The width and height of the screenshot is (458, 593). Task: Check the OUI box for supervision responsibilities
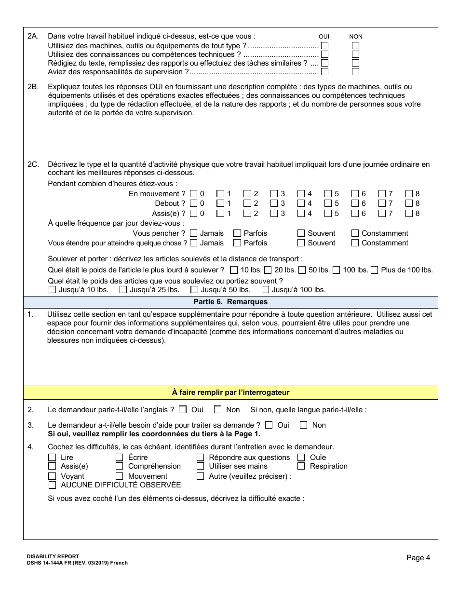tap(324, 72)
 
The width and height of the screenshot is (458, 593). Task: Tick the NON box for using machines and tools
tap(355, 46)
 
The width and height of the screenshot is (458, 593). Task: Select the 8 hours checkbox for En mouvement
tap(409, 194)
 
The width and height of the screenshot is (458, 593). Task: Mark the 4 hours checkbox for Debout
tap(301, 203)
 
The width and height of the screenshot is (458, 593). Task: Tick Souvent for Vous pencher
tap(301, 233)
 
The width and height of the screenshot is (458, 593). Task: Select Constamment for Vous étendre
tap(355, 243)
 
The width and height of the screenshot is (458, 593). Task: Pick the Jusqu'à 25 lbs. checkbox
tap(123, 290)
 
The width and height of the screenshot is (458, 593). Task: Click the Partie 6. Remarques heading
tap(230, 302)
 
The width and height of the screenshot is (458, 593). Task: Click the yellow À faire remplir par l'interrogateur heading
tap(230, 392)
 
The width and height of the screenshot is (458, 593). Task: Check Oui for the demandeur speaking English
tap(183, 410)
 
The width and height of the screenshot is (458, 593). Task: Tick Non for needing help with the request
tap(304, 425)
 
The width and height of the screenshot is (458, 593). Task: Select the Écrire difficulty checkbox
tap(120, 458)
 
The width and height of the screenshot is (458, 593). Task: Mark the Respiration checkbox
tap(301, 466)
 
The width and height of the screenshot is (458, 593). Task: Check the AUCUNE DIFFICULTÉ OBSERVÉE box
tap(52, 485)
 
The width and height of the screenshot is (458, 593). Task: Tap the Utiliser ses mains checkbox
tap(200, 466)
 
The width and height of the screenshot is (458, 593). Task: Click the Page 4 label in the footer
tap(418, 558)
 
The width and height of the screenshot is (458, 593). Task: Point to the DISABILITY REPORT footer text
tap(53, 556)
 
